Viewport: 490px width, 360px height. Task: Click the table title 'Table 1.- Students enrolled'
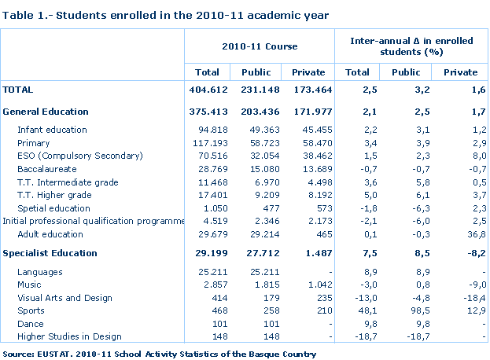166,15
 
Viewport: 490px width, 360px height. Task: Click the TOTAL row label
18,90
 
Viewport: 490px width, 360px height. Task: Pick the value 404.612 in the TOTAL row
208,90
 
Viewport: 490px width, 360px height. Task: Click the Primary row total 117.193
209,143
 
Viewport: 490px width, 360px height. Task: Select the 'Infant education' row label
52,130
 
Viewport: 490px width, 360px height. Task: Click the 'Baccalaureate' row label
46,169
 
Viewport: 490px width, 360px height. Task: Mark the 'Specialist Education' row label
50,253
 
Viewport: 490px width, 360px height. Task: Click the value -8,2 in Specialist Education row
473,253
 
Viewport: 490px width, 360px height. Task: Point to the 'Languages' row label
39,272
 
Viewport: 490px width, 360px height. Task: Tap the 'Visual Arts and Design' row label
64,298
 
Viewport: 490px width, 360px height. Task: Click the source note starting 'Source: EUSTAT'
159,354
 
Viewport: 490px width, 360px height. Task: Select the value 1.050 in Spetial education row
212,208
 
